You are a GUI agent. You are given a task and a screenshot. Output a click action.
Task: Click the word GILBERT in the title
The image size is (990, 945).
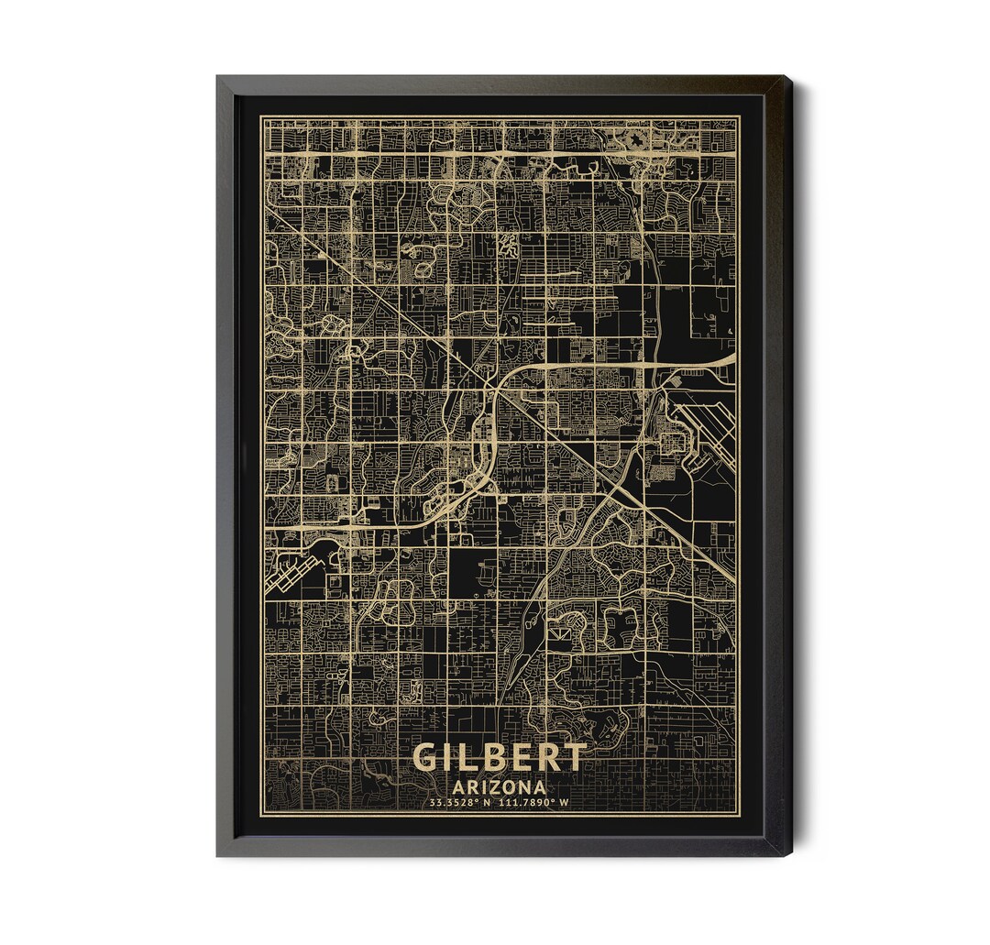[500, 757]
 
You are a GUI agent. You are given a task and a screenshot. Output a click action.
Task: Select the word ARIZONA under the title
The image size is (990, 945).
[500, 786]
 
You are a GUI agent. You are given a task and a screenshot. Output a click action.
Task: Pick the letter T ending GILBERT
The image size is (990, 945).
[574, 757]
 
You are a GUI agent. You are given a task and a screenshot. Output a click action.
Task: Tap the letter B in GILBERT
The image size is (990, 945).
[501, 757]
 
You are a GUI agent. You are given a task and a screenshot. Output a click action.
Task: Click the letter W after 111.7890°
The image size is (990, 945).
[565, 803]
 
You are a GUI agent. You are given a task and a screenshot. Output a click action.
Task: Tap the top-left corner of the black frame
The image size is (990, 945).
[218, 78]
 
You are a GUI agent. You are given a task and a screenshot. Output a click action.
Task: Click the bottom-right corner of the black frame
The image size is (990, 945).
[790, 854]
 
